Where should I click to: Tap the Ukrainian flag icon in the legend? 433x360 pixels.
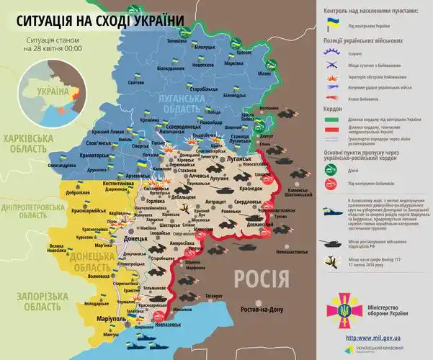(x=333, y=24)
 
